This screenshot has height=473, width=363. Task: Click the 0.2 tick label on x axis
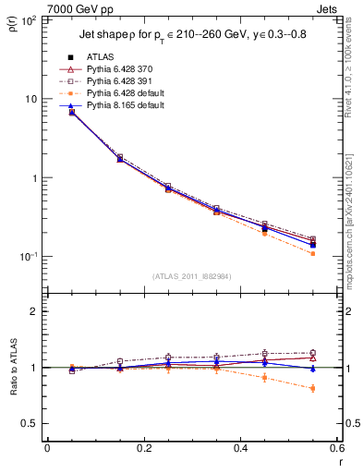point(144,448)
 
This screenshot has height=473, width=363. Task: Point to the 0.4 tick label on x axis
point(240,448)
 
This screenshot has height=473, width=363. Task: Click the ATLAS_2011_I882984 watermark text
point(191,275)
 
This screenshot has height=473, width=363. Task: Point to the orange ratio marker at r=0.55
point(313,388)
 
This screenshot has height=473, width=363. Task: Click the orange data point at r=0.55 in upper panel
point(313,253)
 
